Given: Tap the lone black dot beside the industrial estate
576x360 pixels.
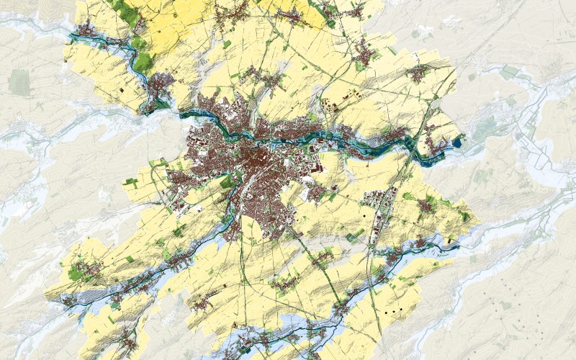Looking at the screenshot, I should pyautogui.click(x=365, y=215).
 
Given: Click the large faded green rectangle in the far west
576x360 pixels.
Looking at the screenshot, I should pyautogui.click(x=19, y=83).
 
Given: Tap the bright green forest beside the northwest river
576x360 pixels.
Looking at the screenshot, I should pyautogui.click(x=143, y=61).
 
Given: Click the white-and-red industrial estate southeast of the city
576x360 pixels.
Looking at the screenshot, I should pyautogui.click(x=376, y=198).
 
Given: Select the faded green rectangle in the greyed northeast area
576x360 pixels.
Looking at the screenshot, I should pyautogui.click(x=510, y=71).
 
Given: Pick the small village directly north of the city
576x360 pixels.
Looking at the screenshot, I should pyautogui.click(x=256, y=76).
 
